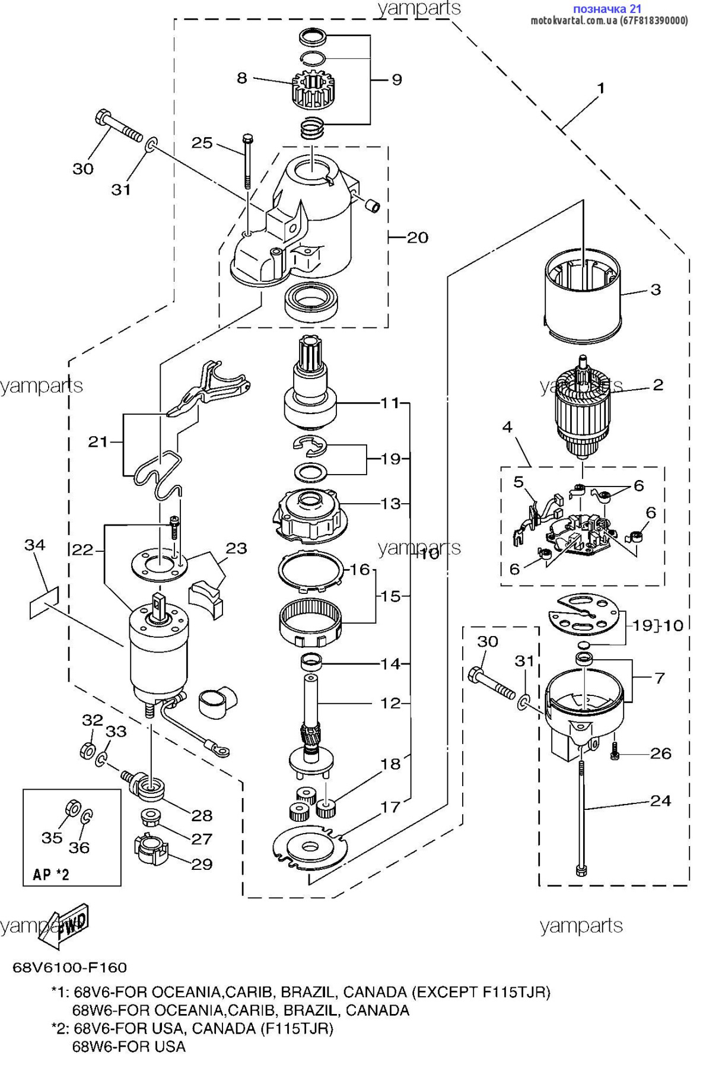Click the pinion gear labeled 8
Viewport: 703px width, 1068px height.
pos(314,90)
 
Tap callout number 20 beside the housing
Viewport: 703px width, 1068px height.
pos(417,237)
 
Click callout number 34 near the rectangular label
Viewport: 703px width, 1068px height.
pos(35,544)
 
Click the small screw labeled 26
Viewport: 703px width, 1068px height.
pos(615,753)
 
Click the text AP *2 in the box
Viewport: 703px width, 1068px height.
pos(51,875)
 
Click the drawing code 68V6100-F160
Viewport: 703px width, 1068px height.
pos(70,967)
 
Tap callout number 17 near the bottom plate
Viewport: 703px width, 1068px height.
pos(390,806)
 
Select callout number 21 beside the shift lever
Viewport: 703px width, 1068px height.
pos(98,441)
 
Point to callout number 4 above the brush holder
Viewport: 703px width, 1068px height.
pos(507,427)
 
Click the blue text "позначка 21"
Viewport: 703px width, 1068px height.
pos(607,9)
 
